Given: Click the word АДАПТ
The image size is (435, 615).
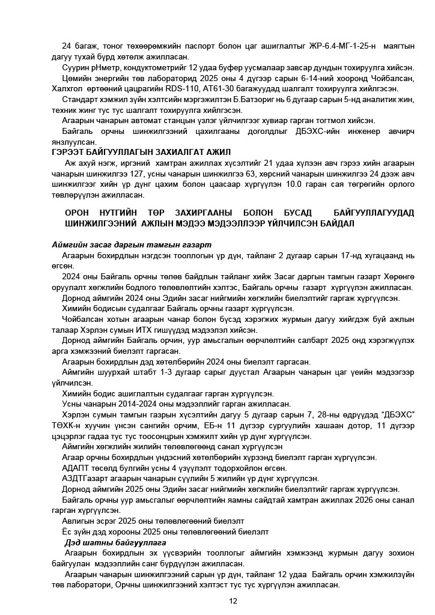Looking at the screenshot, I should click(x=77, y=468).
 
